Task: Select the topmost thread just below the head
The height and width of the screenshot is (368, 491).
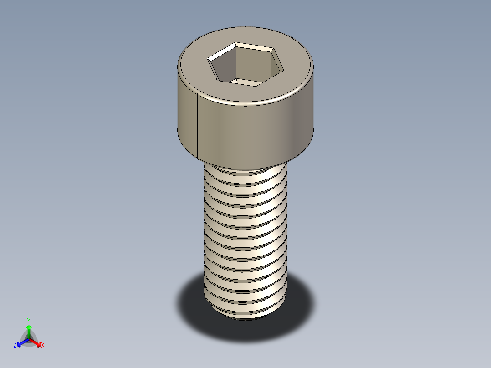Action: [245, 171]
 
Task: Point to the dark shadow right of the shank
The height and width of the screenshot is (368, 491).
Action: [301, 301]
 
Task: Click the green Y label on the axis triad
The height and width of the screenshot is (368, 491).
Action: [29, 320]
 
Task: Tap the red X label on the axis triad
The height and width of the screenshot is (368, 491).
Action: [43, 345]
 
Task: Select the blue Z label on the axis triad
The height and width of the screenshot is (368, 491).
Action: [15, 345]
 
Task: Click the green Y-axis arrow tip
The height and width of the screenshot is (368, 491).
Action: [29, 327]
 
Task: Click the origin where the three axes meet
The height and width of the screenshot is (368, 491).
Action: [29, 338]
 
